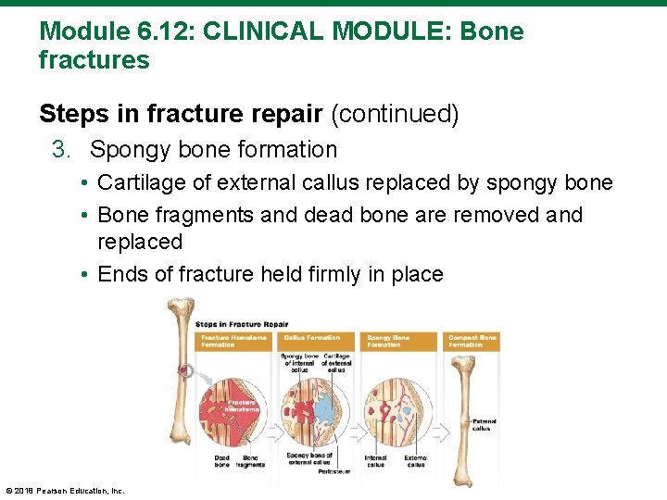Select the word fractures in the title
tap(94, 61)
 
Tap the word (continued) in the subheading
tap(395, 114)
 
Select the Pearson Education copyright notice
tap(65, 491)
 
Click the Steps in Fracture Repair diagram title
tap(242, 324)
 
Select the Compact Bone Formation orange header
tap(472, 341)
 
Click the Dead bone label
tap(222, 461)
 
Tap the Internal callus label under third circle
tap(375, 461)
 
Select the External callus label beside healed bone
tap(483, 425)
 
